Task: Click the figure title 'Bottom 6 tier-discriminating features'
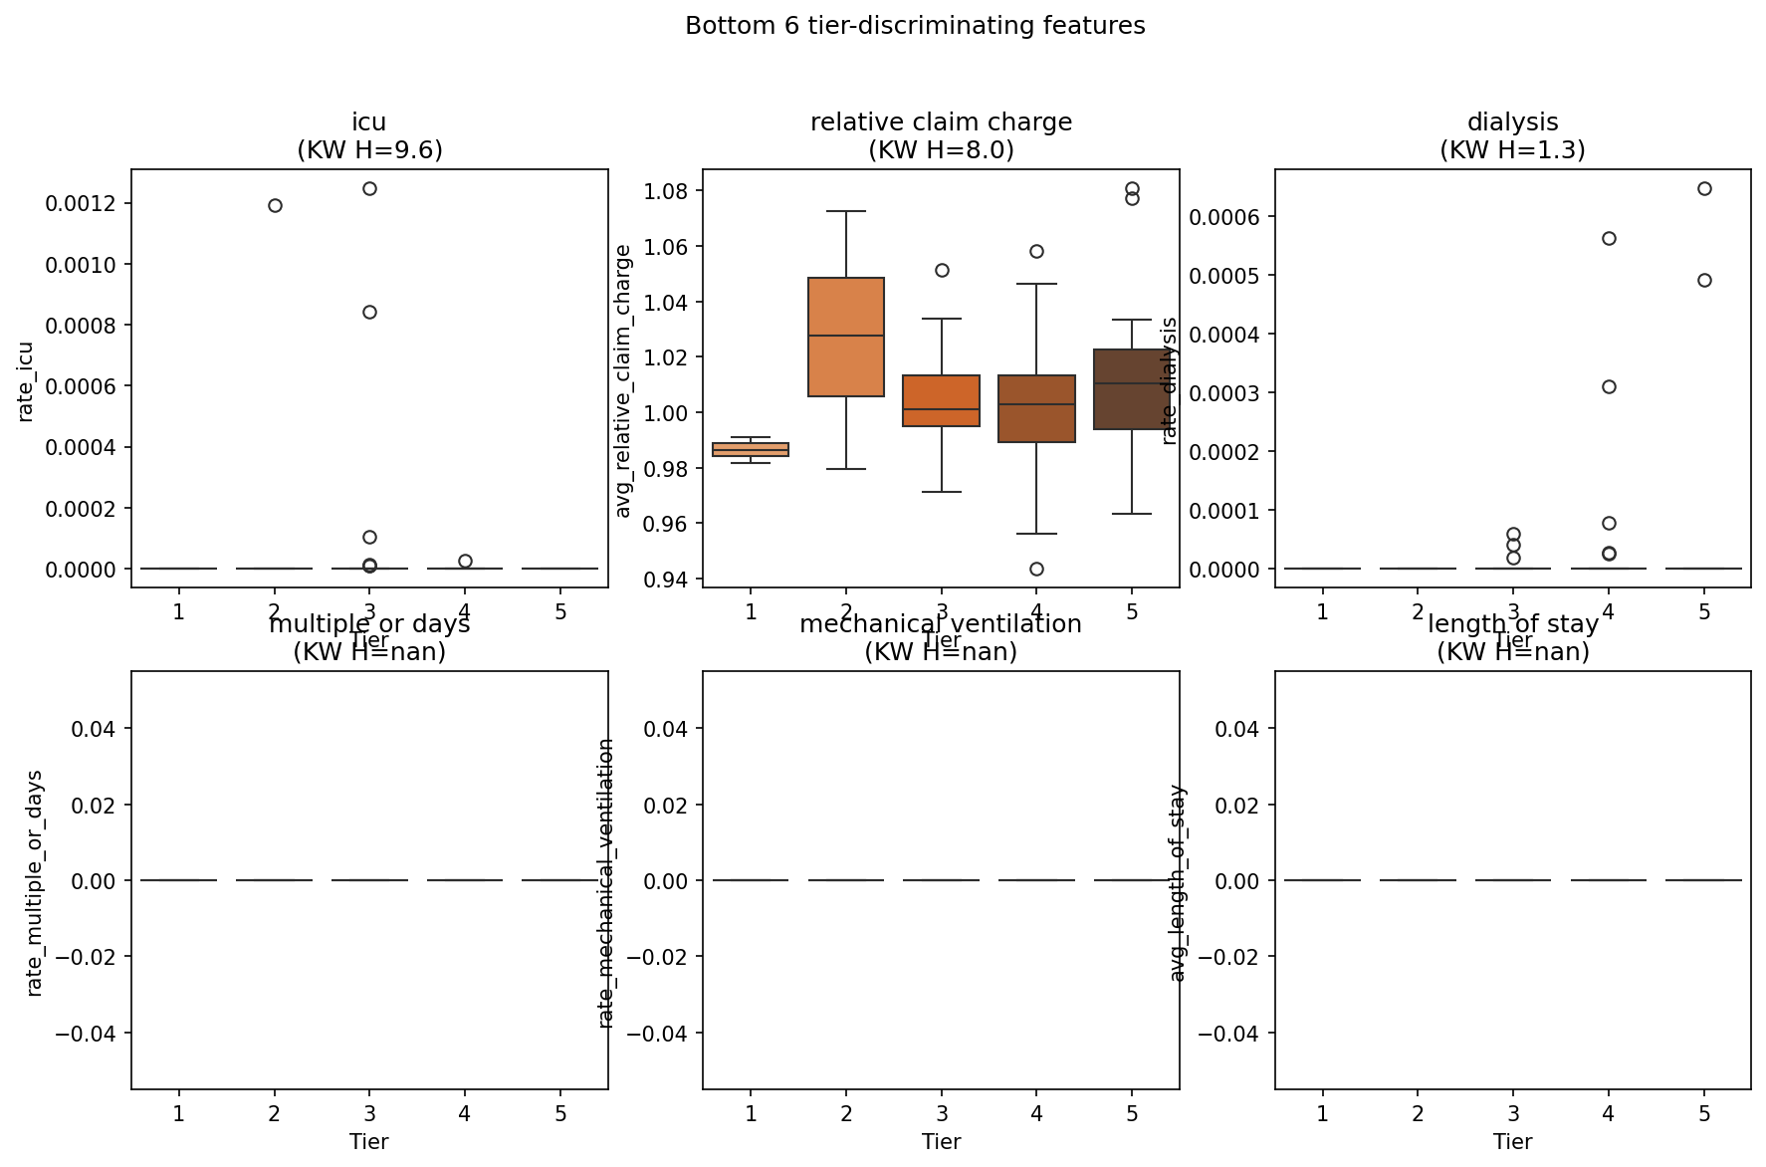coord(915,26)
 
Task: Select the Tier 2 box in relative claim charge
coord(846,337)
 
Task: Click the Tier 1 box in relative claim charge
coord(751,449)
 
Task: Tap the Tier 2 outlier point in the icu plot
coord(275,205)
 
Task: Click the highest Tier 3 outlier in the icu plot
coord(369,188)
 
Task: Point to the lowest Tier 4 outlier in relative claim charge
coord(1036,569)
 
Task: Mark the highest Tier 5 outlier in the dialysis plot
coord(1704,188)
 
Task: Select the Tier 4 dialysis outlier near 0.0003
coord(1609,386)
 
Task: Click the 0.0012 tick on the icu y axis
coord(81,204)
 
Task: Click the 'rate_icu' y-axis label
coord(26,381)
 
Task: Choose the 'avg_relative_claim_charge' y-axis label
coord(623,381)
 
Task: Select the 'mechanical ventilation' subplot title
coord(941,624)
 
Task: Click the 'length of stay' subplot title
coord(1512,624)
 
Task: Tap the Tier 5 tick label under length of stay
coord(1704,1113)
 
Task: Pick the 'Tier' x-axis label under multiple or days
coord(369,1142)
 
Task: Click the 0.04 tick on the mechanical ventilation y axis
coord(665,729)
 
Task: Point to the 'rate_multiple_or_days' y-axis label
coord(35,882)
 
